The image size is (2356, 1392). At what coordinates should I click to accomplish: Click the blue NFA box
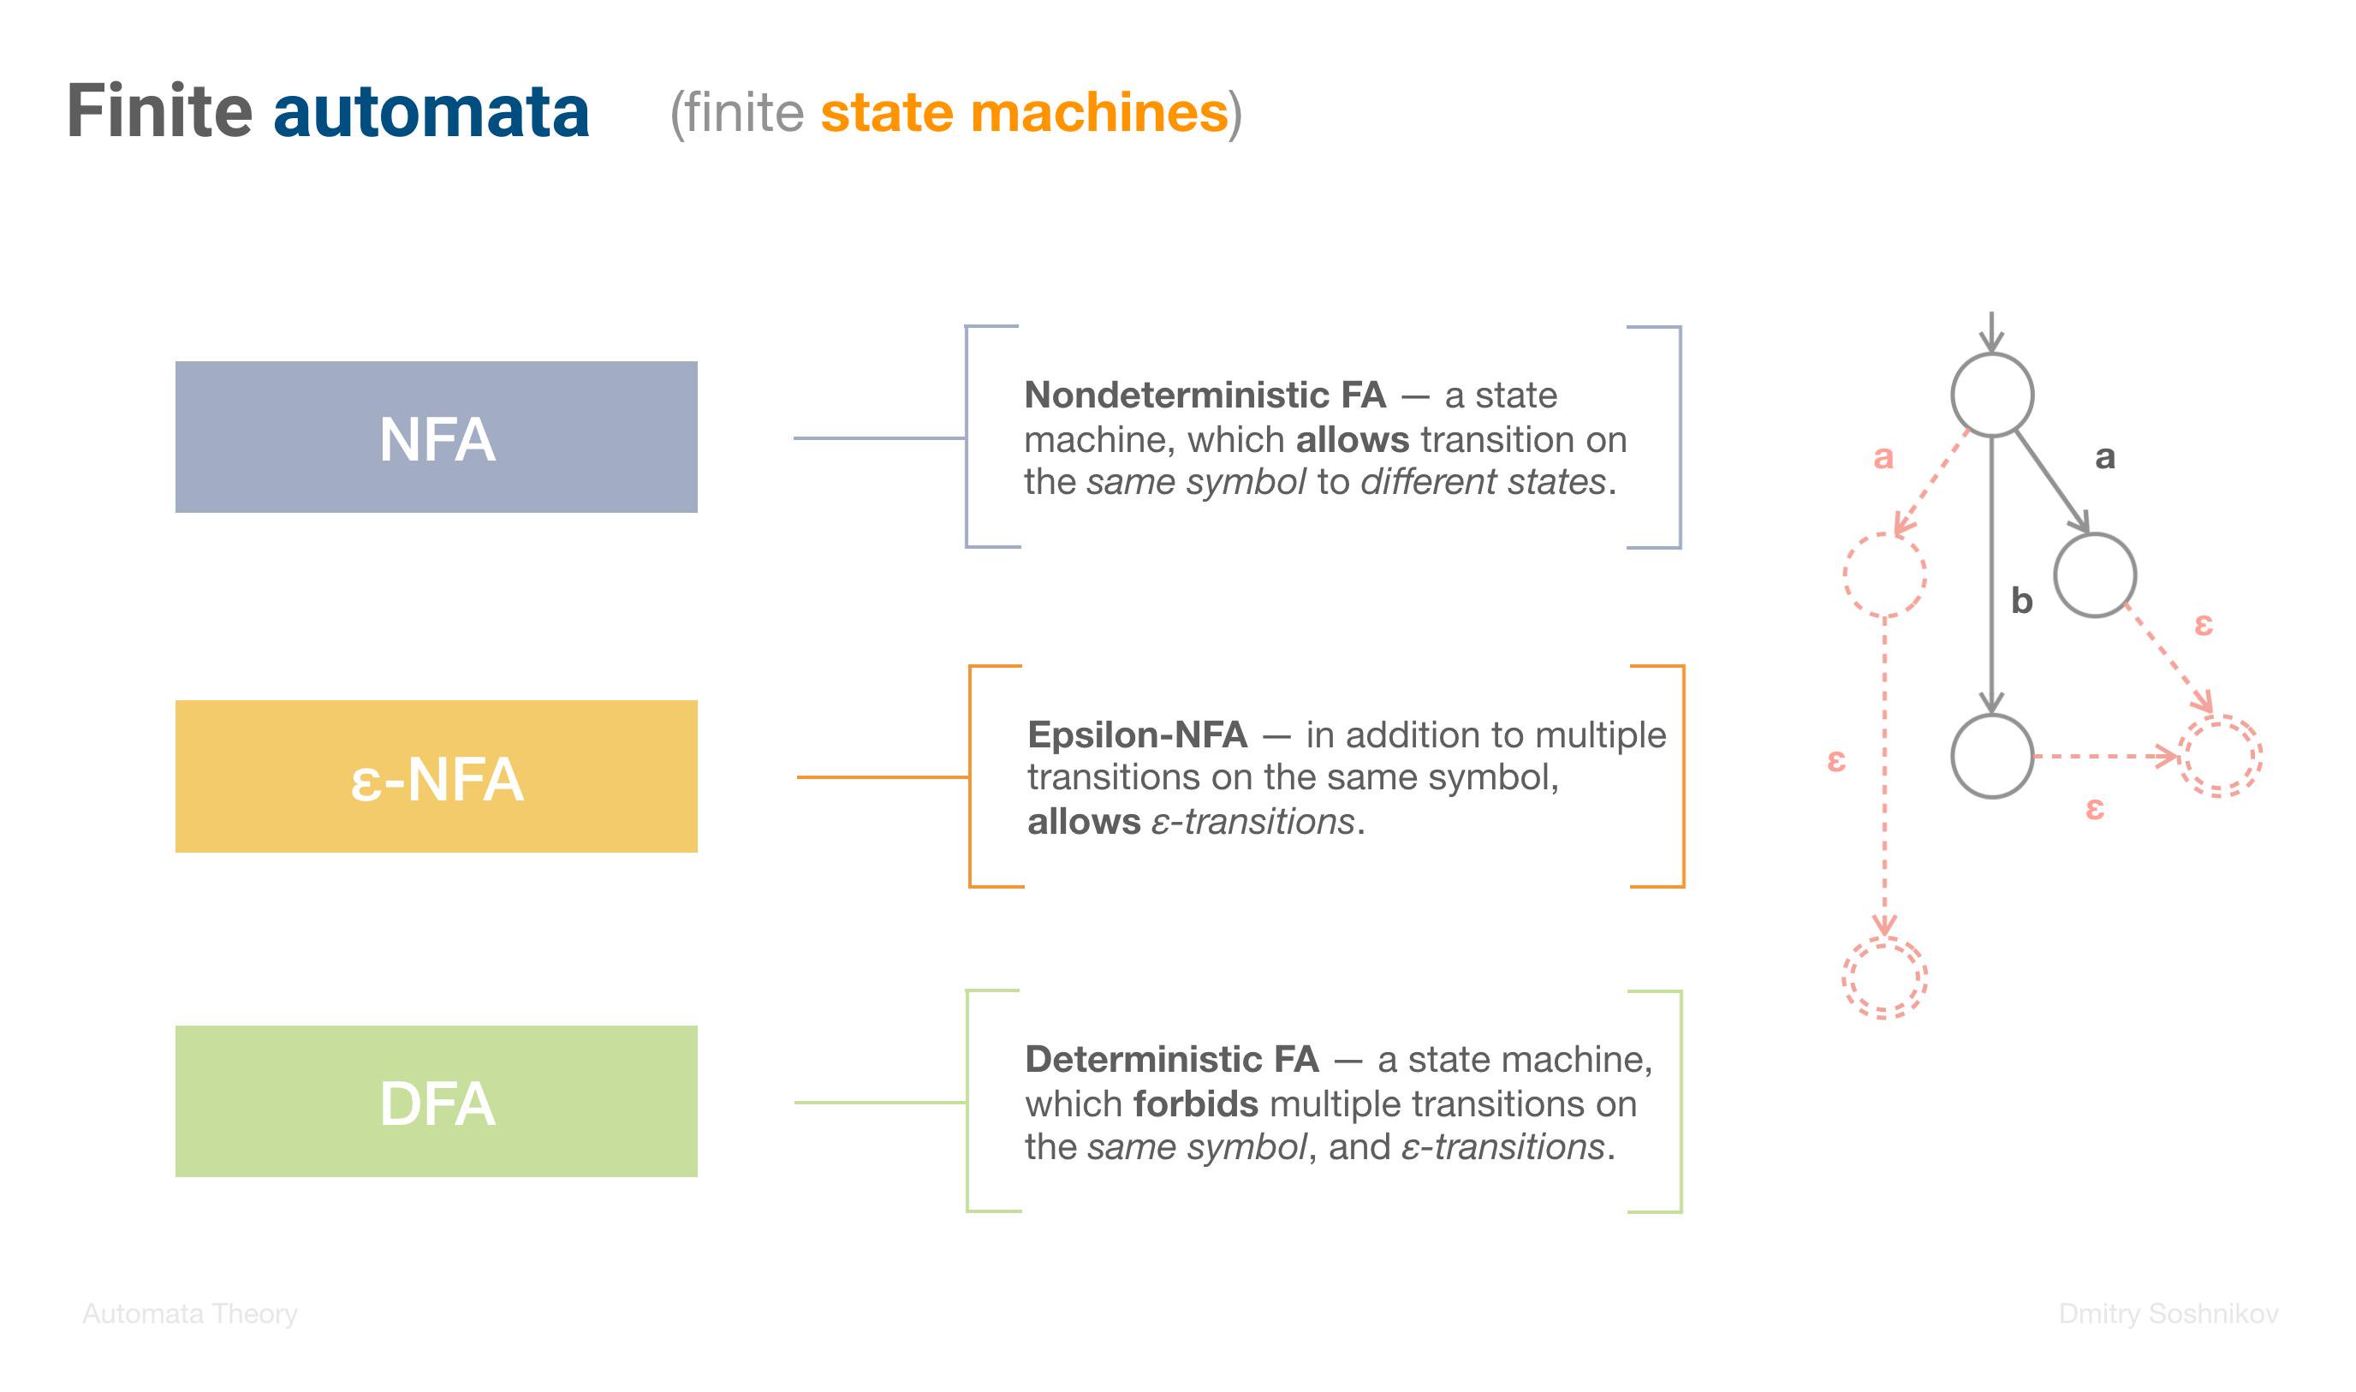436,437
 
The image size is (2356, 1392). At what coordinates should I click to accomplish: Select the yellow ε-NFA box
436,776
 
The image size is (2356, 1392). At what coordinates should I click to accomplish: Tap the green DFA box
436,1101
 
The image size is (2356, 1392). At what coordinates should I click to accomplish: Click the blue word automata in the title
431,111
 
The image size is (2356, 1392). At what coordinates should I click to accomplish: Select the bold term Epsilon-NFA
1138,735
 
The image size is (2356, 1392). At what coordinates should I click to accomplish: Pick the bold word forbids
1196,1103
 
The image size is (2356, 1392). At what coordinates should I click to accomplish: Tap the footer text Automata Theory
190,1313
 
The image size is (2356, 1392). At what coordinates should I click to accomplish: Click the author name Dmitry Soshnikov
2169,1313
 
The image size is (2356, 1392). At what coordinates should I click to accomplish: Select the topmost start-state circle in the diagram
1992,354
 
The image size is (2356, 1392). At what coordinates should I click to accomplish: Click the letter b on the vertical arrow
2022,600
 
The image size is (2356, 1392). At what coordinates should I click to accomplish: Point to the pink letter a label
1883,458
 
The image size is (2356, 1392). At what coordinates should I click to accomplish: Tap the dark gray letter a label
2104,458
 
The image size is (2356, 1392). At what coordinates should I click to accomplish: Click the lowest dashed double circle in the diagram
1885,939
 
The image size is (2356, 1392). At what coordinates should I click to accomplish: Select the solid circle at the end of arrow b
1992,717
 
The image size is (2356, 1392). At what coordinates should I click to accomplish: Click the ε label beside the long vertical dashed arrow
1836,761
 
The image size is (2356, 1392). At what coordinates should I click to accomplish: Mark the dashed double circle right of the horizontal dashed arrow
2220,717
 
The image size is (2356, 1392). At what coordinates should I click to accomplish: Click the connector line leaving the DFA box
881,1102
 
